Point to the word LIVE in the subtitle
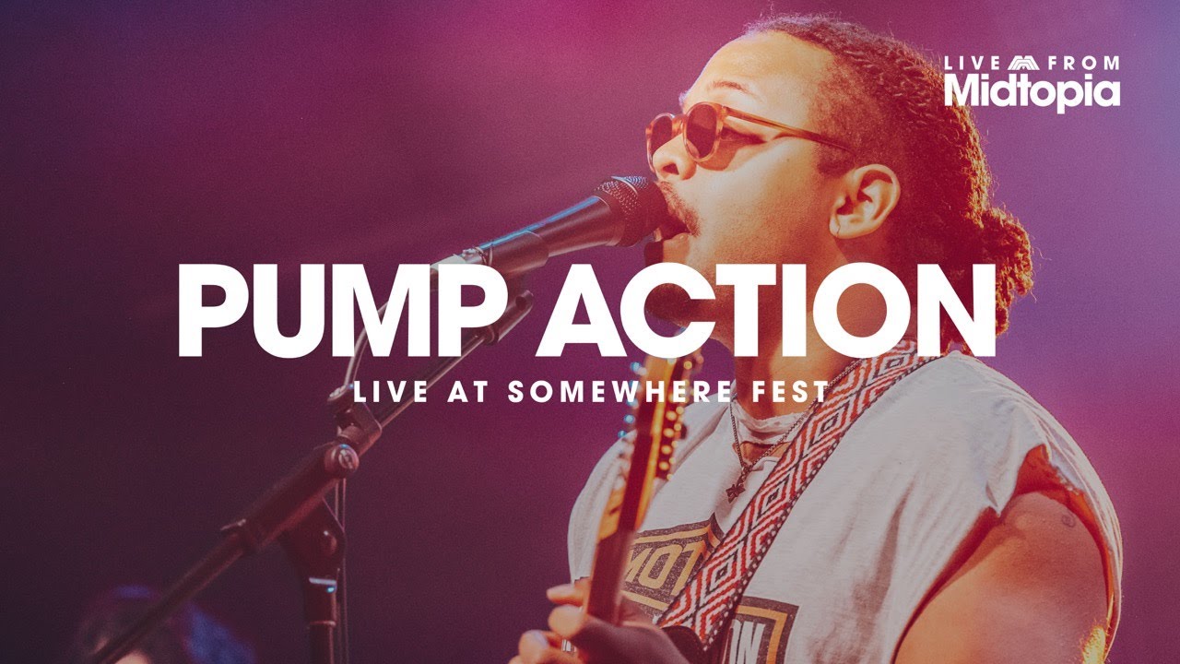coord(390,391)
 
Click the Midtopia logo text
coord(1032,90)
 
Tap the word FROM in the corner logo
coord(1086,64)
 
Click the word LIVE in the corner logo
coord(973,64)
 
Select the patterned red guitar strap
coord(784,480)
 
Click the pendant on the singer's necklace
coord(735,490)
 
